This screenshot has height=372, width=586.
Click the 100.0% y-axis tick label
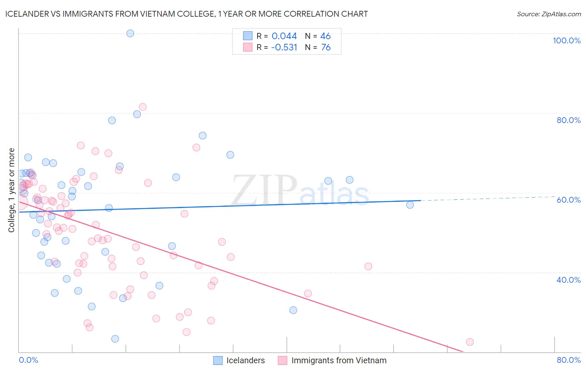(x=566, y=40)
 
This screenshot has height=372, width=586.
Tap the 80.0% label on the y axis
(x=568, y=120)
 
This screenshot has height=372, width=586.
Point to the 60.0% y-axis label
(x=568, y=200)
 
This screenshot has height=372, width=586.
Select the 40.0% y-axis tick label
(x=568, y=280)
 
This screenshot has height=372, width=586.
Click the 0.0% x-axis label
(x=28, y=360)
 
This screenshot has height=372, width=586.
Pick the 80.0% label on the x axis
(x=568, y=360)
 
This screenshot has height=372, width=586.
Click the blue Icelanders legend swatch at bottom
(x=218, y=360)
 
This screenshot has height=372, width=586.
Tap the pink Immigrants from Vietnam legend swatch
(x=283, y=360)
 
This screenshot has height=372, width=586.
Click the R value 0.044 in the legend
(x=284, y=36)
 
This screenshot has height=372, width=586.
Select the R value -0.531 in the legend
(x=284, y=48)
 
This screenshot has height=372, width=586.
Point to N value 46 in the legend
(x=325, y=36)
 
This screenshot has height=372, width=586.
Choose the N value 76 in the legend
(x=326, y=48)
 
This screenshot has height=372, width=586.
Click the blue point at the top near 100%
(x=130, y=33)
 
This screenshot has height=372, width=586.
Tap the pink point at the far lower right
(x=470, y=342)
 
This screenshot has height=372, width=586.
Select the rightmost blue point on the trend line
(x=410, y=205)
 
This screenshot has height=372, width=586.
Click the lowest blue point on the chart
(x=115, y=339)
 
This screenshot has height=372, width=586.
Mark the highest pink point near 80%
(x=143, y=107)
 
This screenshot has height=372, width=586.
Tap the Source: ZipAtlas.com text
(x=548, y=14)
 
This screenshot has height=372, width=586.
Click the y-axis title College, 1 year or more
(x=11, y=190)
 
